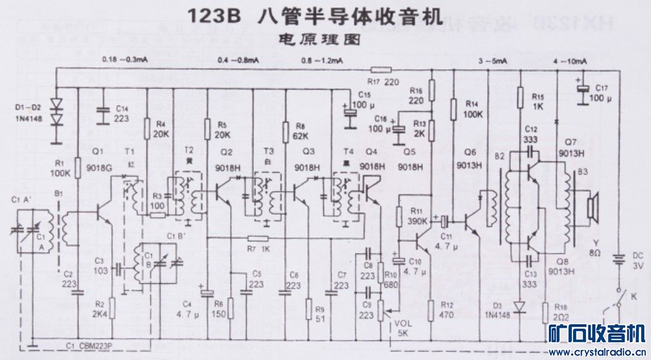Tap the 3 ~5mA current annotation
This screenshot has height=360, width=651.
tap(492, 61)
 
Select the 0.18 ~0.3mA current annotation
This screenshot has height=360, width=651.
tap(124, 59)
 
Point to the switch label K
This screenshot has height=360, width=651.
tap(632, 298)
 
